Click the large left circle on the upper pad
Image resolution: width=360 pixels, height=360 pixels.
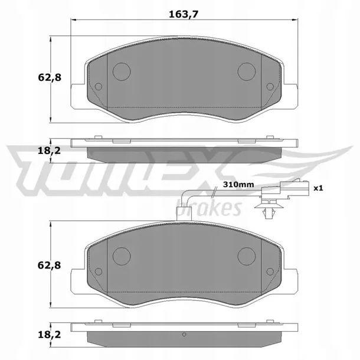(121, 71)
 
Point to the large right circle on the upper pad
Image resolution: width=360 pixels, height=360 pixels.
(246, 71)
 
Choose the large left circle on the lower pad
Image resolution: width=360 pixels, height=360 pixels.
(121, 255)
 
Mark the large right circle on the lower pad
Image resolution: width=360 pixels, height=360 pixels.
(246, 255)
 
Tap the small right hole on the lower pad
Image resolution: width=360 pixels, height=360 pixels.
(270, 271)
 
